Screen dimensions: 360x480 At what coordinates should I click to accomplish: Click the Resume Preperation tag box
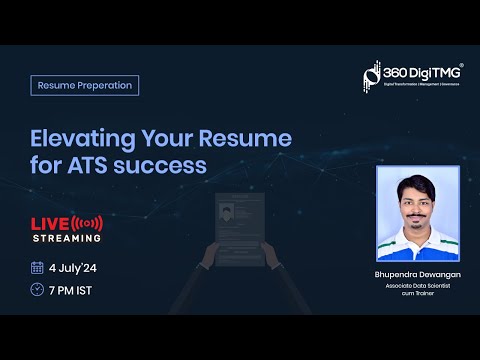point(85,85)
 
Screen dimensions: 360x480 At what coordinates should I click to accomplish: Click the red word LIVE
point(51,221)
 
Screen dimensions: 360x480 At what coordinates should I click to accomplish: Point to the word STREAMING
point(67,238)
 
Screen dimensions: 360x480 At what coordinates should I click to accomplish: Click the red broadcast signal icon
point(89,221)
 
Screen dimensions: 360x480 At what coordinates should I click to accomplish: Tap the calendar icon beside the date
point(38,268)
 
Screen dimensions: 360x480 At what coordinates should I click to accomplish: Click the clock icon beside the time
point(38,291)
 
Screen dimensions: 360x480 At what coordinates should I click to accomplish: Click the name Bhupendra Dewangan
point(417,273)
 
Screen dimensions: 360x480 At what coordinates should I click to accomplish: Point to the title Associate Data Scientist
point(417,286)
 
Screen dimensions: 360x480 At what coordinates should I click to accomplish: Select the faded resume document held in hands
point(239,225)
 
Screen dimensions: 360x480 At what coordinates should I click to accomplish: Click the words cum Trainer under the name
point(417,295)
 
